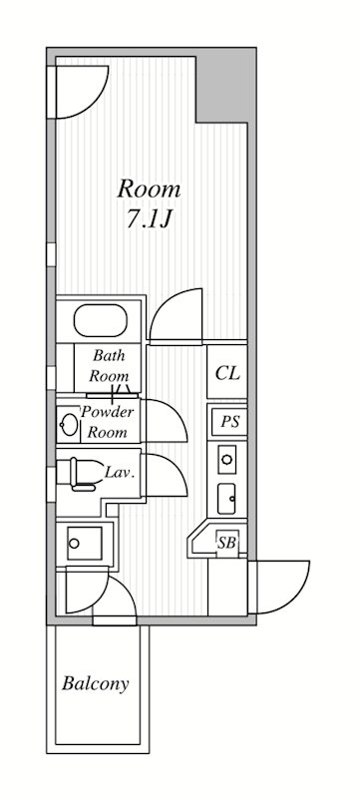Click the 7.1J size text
click(x=150, y=218)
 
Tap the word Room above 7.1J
click(x=149, y=190)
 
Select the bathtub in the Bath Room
click(x=100, y=320)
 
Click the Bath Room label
click(x=109, y=366)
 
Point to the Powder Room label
click(x=108, y=422)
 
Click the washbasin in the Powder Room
click(x=69, y=425)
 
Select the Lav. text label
click(x=120, y=472)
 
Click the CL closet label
click(x=227, y=373)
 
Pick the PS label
click(x=229, y=422)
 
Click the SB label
click(x=226, y=543)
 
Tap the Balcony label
click(x=95, y=683)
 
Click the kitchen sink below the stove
click(x=226, y=499)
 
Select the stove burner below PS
click(x=226, y=459)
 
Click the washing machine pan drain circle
click(x=74, y=543)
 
